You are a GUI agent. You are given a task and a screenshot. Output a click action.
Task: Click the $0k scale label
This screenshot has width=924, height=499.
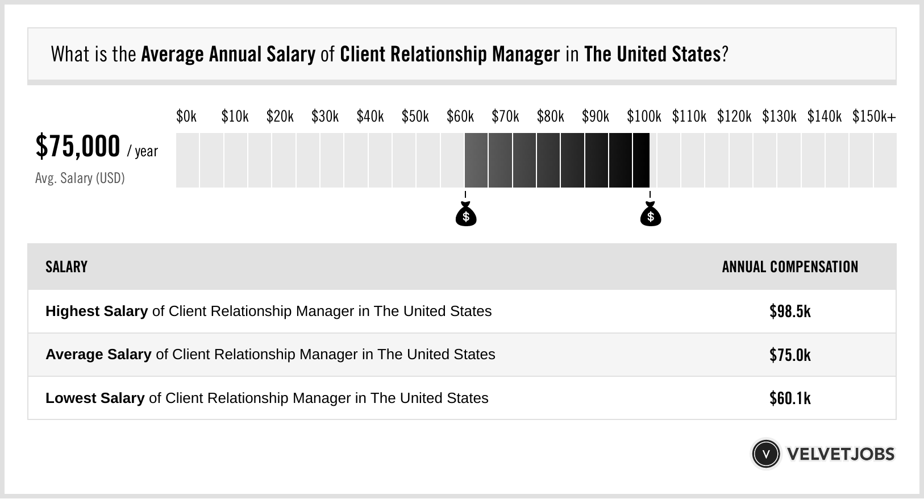click(186, 117)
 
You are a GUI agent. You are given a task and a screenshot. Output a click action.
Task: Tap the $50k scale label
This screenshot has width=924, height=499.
click(415, 117)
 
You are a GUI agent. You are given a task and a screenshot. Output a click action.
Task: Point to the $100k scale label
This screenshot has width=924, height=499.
click(643, 117)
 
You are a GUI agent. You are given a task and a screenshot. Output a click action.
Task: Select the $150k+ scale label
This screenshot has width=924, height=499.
click(873, 117)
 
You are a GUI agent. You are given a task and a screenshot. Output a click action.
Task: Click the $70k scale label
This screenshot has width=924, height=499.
click(505, 117)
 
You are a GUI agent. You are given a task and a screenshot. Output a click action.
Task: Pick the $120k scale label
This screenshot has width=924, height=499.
click(734, 117)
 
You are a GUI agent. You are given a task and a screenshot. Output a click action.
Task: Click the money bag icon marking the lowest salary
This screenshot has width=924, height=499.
click(466, 214)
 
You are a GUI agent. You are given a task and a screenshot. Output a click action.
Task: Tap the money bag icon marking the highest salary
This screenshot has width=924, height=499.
click(650, 214)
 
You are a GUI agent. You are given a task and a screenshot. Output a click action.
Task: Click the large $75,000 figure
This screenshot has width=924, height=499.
click(78, 146)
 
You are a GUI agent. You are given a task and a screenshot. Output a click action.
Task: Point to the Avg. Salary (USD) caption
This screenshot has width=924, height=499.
click(80, 178)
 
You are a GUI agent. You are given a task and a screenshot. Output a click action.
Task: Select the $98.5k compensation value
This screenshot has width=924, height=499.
click(790, 311)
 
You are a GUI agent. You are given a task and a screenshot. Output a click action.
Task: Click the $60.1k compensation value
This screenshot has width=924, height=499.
click(790, 398)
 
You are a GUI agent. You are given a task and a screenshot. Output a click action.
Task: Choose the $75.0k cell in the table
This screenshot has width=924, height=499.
click(790, 355)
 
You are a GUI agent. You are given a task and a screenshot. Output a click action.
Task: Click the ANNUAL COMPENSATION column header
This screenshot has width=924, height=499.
click(790, 267)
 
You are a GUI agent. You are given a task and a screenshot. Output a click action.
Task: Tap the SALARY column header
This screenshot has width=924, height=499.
click(66, 267)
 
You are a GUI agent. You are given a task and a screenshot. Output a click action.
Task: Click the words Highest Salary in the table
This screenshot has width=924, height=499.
click(97, 311)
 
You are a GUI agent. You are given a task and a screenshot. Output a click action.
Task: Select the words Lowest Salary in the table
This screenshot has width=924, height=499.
click(95, 398)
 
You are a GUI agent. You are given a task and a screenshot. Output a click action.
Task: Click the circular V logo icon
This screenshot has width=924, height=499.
click(765, 454)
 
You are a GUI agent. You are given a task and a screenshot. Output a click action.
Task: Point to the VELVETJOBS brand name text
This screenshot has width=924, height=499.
click(840, 454)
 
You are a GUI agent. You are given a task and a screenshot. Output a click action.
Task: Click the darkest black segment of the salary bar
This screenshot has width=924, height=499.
click(641, 160)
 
